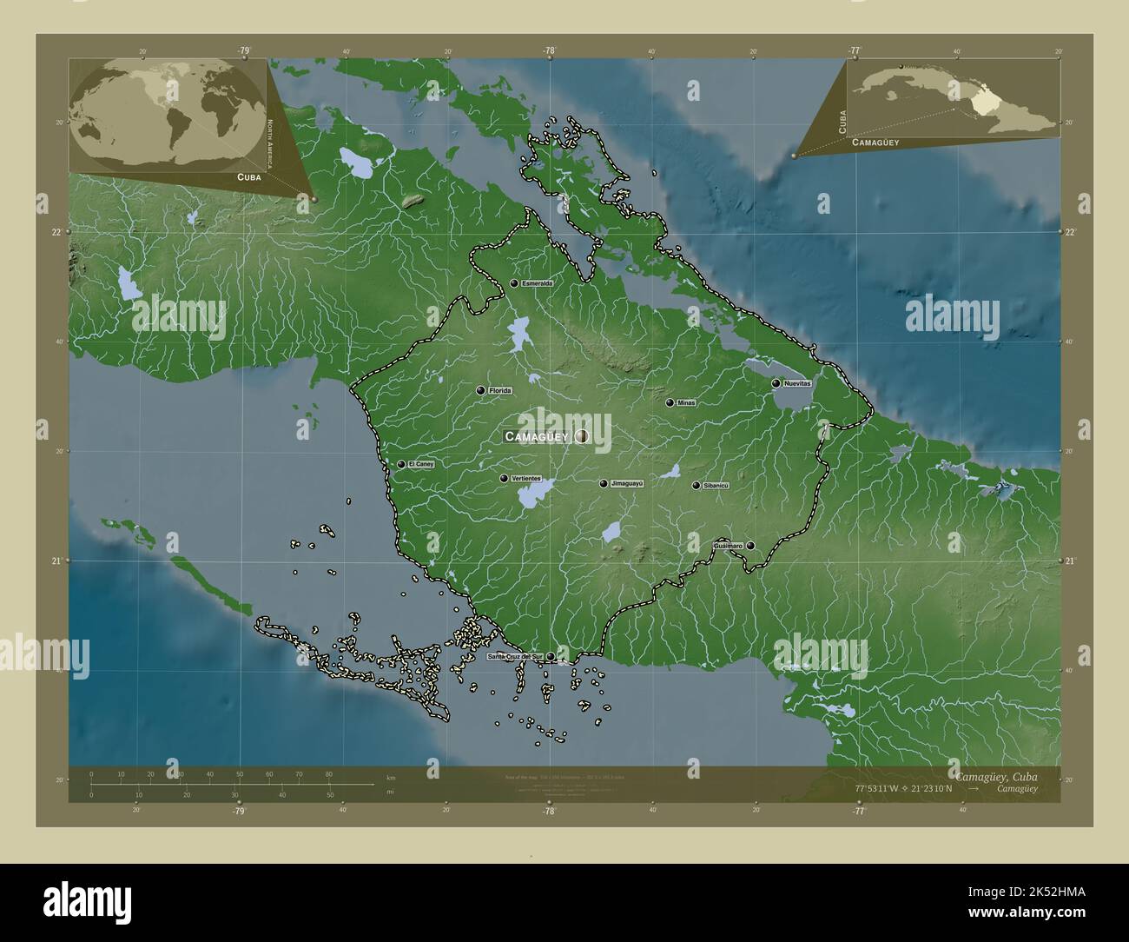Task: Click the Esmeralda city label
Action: [537, 283]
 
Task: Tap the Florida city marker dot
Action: [480, 391]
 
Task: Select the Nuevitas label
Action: [796, 383]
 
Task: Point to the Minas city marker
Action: [670, 402]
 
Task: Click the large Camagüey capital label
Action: [537, 437]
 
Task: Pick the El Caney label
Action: [420, 464]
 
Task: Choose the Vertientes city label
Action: [527, 479]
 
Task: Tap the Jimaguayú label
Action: [627, 483]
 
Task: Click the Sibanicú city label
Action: [716, 486]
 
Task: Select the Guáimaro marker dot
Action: [750, 546]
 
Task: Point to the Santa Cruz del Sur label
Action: [514, 657]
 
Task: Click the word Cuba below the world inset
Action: [238, 176]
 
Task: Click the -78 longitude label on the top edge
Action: [549, 50]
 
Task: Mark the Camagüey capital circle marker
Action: [581, 436]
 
